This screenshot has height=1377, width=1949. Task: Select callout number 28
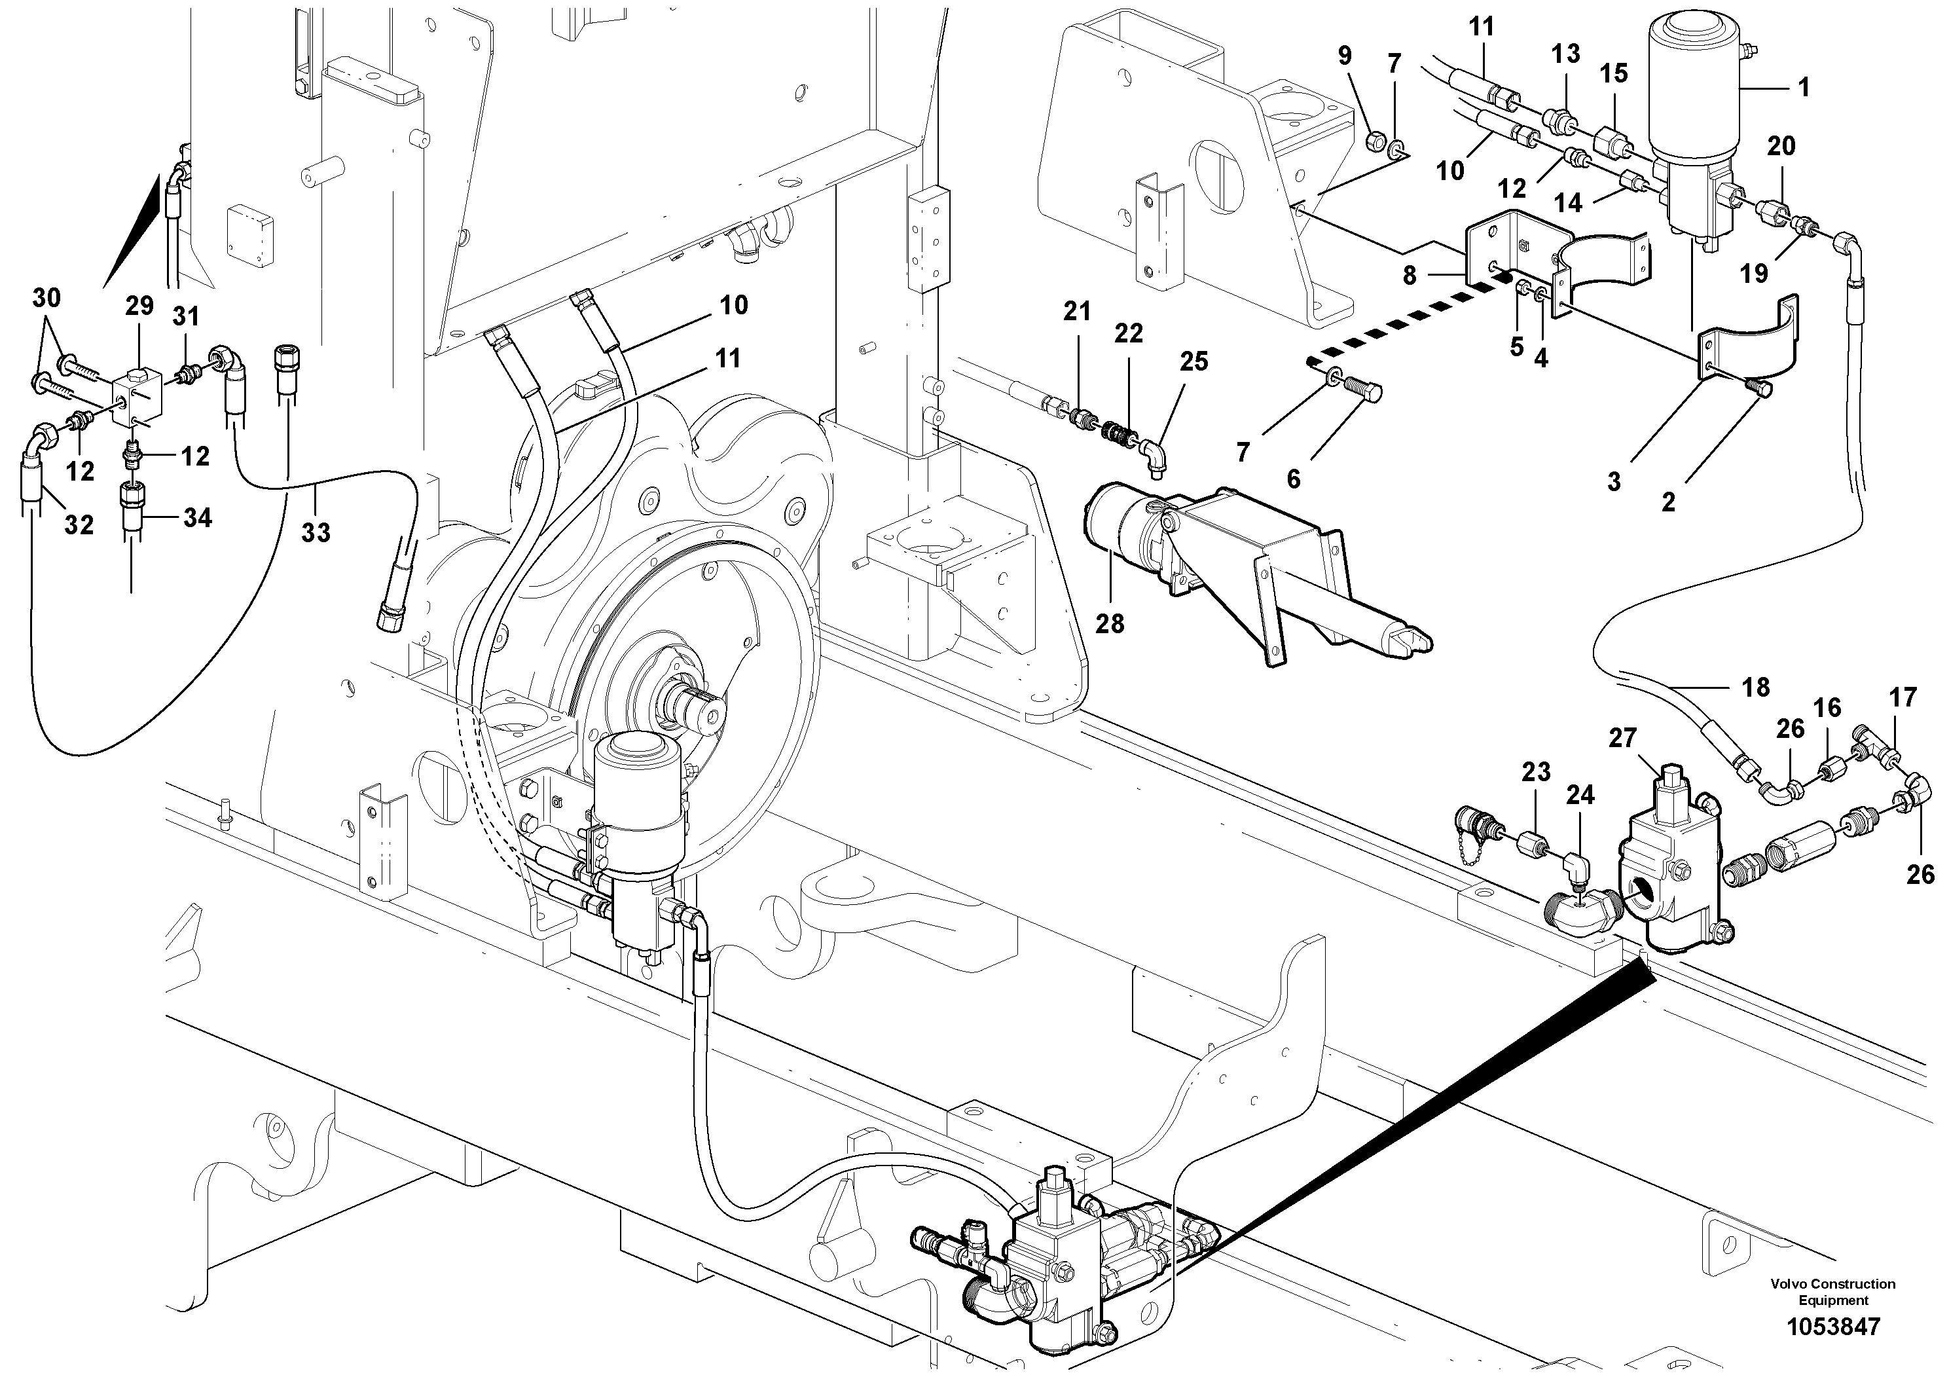pyautogui.click(x=1110, y=624)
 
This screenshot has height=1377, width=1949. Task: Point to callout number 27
pyautogui.click(x=1622, y=738)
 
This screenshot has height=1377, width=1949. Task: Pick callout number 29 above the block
pyautogui.click(x=139, y=306)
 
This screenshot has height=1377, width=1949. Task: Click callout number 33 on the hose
pyautogui.click(x=316, y=533)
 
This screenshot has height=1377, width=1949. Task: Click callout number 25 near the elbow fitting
pyautogui.click(x=1193, y=361)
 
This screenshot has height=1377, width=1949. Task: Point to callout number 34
pyautogui.click(x=197, y=517)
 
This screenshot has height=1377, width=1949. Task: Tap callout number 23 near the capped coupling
pyautogui.click(x=1536, y=772)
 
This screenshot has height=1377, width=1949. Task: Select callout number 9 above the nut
pyautogui.click(x=1345, y=56)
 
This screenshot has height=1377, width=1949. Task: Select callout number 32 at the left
pyautogui.click(x=79, y=526)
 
